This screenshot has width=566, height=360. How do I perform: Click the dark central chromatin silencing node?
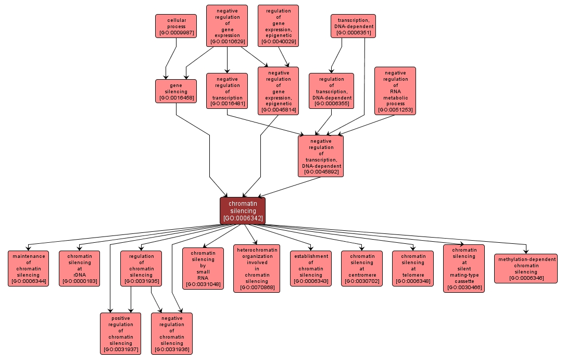[x=243, y=210]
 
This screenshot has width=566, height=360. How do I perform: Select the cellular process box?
[x=177, y=26]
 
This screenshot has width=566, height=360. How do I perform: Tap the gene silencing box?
[x=176, y=91]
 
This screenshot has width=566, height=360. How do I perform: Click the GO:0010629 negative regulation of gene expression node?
[x=227, y=26]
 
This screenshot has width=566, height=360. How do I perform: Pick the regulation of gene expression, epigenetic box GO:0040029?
[x=278, y=26]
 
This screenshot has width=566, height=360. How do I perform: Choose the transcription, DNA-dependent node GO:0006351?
[x=353, y=26]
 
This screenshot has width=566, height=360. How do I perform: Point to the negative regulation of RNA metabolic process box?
[x=395, y=91]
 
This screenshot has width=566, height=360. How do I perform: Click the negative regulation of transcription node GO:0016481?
[x=227, y=91]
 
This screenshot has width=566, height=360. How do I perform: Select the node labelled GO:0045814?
[x=278, y=91]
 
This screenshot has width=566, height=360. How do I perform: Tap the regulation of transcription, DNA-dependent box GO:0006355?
[x=331, y=91]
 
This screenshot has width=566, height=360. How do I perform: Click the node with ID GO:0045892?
[x=321, y=156]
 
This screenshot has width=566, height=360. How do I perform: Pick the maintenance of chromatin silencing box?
[x=29, y=268]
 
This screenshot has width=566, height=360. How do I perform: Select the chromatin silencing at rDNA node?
[x=80, y=268]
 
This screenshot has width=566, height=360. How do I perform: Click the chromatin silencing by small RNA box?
[x=203, y=268]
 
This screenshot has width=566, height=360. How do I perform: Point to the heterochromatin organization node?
[x=256, y=268]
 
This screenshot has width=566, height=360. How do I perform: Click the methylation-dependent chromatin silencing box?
[x=525, y=268]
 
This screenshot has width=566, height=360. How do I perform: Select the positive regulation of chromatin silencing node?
[x=120, y=333]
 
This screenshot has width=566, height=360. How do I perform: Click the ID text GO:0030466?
[x=464, y=287]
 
